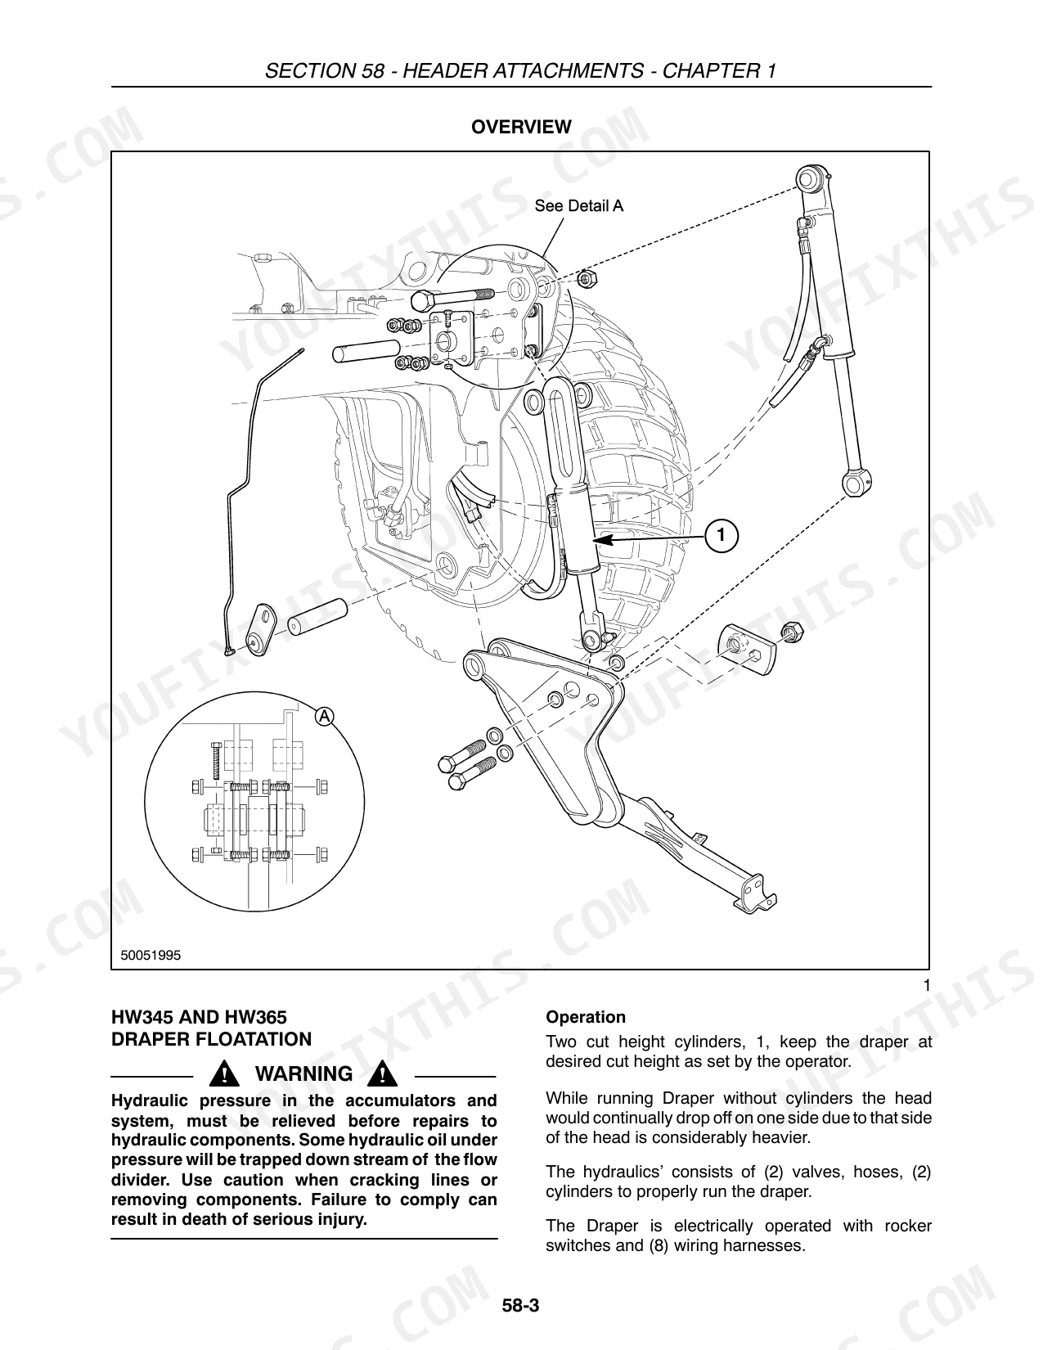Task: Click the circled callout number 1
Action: click(x=721, y=535)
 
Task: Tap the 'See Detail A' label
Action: click(x=578, y=206)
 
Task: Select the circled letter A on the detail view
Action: click(x=324, y=716)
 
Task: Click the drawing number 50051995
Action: click(x=151, y=956)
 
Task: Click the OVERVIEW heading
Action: click(x=521, y=127)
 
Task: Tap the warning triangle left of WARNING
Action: click(x=225, y=1073)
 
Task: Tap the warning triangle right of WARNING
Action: click(x=382, y=1073)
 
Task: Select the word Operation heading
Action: click(x=585, y=1018)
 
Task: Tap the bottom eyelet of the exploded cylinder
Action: click(x=857, y=481)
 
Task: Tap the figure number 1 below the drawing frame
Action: click(x=927, y=986)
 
